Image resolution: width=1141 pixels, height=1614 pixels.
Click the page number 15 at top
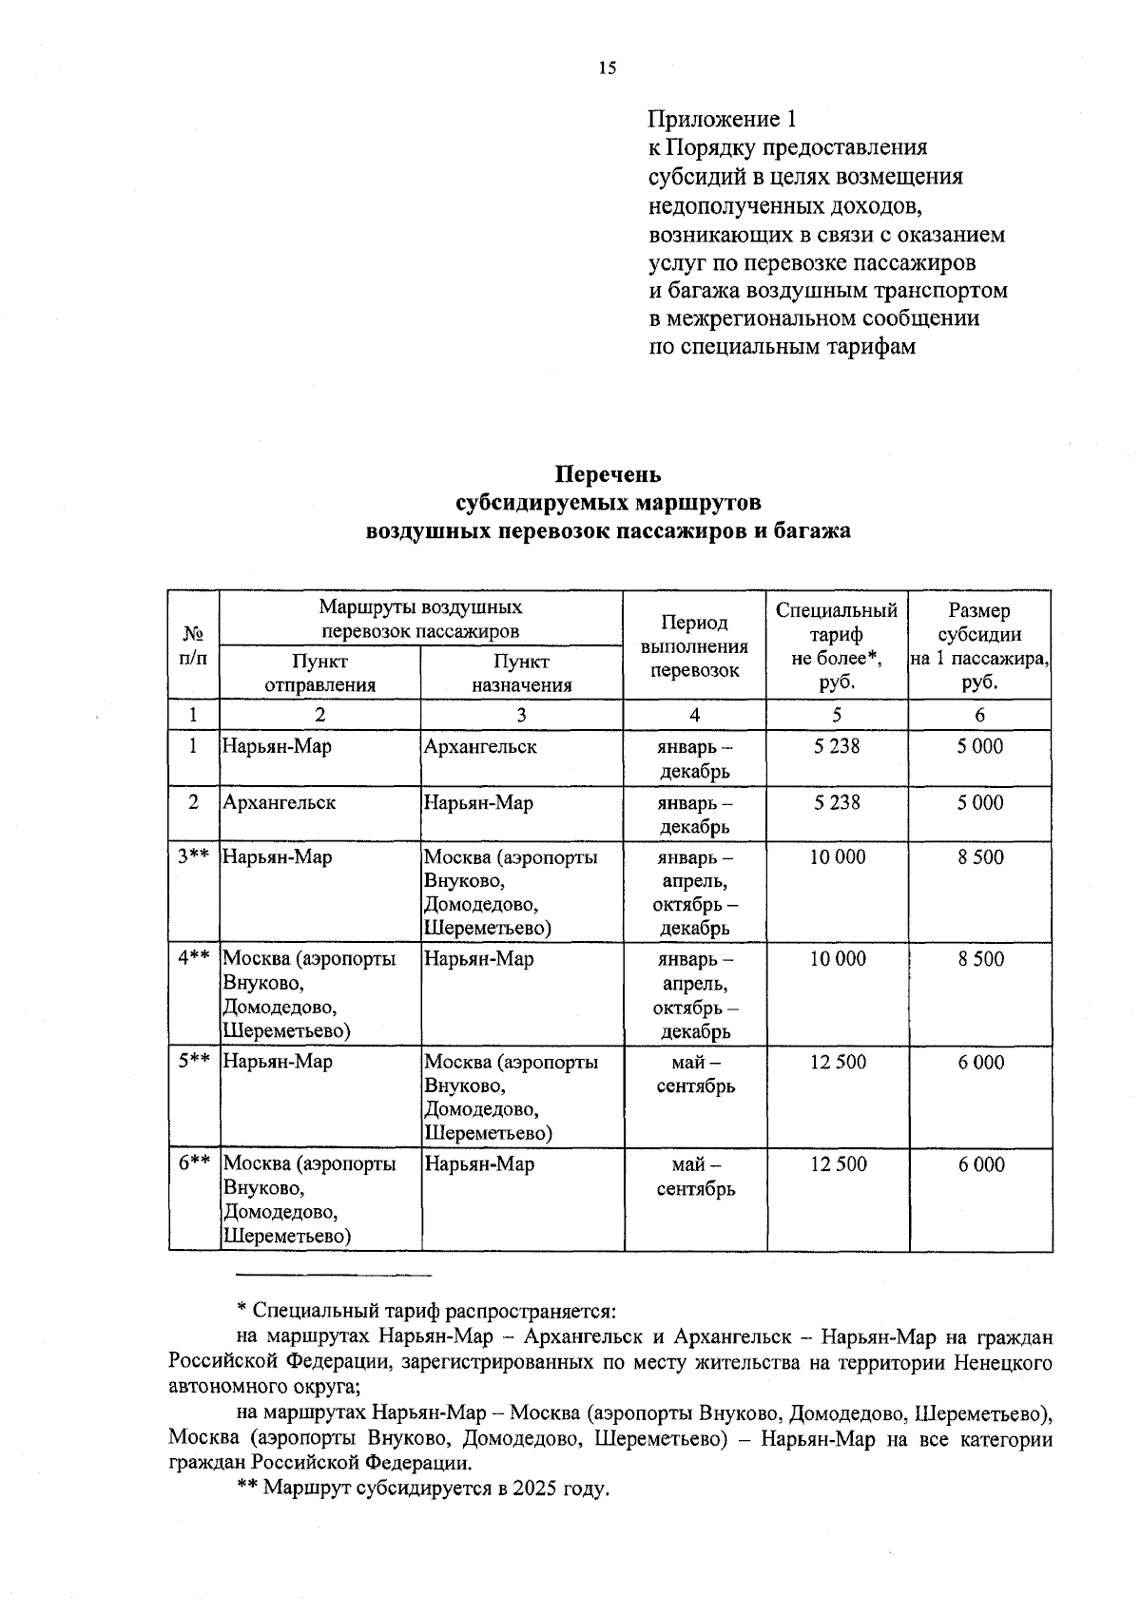608,67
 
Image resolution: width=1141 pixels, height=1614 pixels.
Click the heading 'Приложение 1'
722,120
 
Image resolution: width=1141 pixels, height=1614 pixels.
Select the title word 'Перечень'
608,473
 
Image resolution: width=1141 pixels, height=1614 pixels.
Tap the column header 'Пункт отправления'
319,673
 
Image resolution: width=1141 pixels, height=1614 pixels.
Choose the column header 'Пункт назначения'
521,673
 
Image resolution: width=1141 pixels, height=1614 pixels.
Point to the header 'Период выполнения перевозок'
694,646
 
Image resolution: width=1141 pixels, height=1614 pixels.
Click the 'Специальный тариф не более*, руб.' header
837,646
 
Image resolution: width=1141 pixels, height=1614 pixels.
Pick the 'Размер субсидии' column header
979,646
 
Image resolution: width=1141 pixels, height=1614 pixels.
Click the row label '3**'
193,857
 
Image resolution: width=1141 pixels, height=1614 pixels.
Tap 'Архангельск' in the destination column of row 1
480,747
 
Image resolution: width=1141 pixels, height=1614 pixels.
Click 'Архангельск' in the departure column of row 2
279,803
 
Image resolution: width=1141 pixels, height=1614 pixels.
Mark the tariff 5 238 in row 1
837,747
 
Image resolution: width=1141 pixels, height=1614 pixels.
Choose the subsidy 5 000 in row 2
979,803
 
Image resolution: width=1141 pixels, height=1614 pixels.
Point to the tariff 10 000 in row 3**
838,857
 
